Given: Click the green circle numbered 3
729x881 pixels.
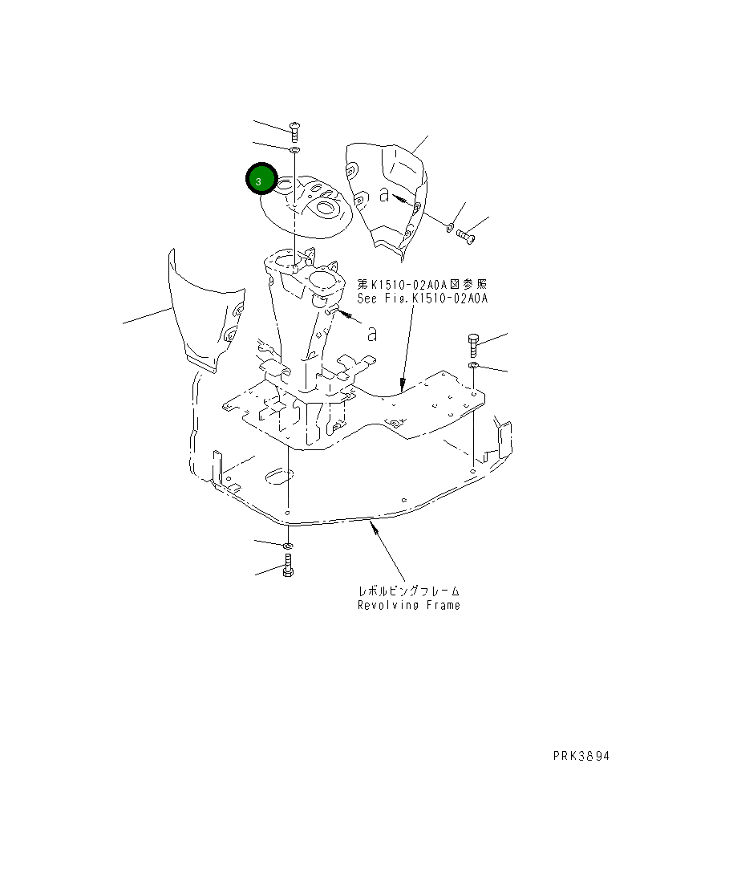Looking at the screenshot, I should [x=260, y=181].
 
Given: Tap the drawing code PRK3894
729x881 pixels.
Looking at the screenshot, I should [x=585, y=756].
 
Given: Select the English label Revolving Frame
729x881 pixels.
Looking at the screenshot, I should [x=408, y=605].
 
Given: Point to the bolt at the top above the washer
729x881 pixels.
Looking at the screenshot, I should [x=294, y=131].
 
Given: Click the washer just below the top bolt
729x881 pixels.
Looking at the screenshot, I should [x=294, y=150].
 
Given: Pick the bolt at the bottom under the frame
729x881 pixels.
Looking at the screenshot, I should [x=288, y=566].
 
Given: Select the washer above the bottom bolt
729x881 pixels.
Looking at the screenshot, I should [x=288, y=546].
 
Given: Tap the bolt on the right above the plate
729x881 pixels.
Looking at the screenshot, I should [x=472, y=346].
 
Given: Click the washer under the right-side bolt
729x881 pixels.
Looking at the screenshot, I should [x=473, y=367].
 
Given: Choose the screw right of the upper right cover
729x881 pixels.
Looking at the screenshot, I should [x=465, y=236].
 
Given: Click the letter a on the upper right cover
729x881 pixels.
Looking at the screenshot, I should [x=385, y=194].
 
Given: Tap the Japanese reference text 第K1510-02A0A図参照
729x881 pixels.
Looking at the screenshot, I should [x=422, y=284].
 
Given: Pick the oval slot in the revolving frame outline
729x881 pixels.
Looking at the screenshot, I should [x=277, y=477].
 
